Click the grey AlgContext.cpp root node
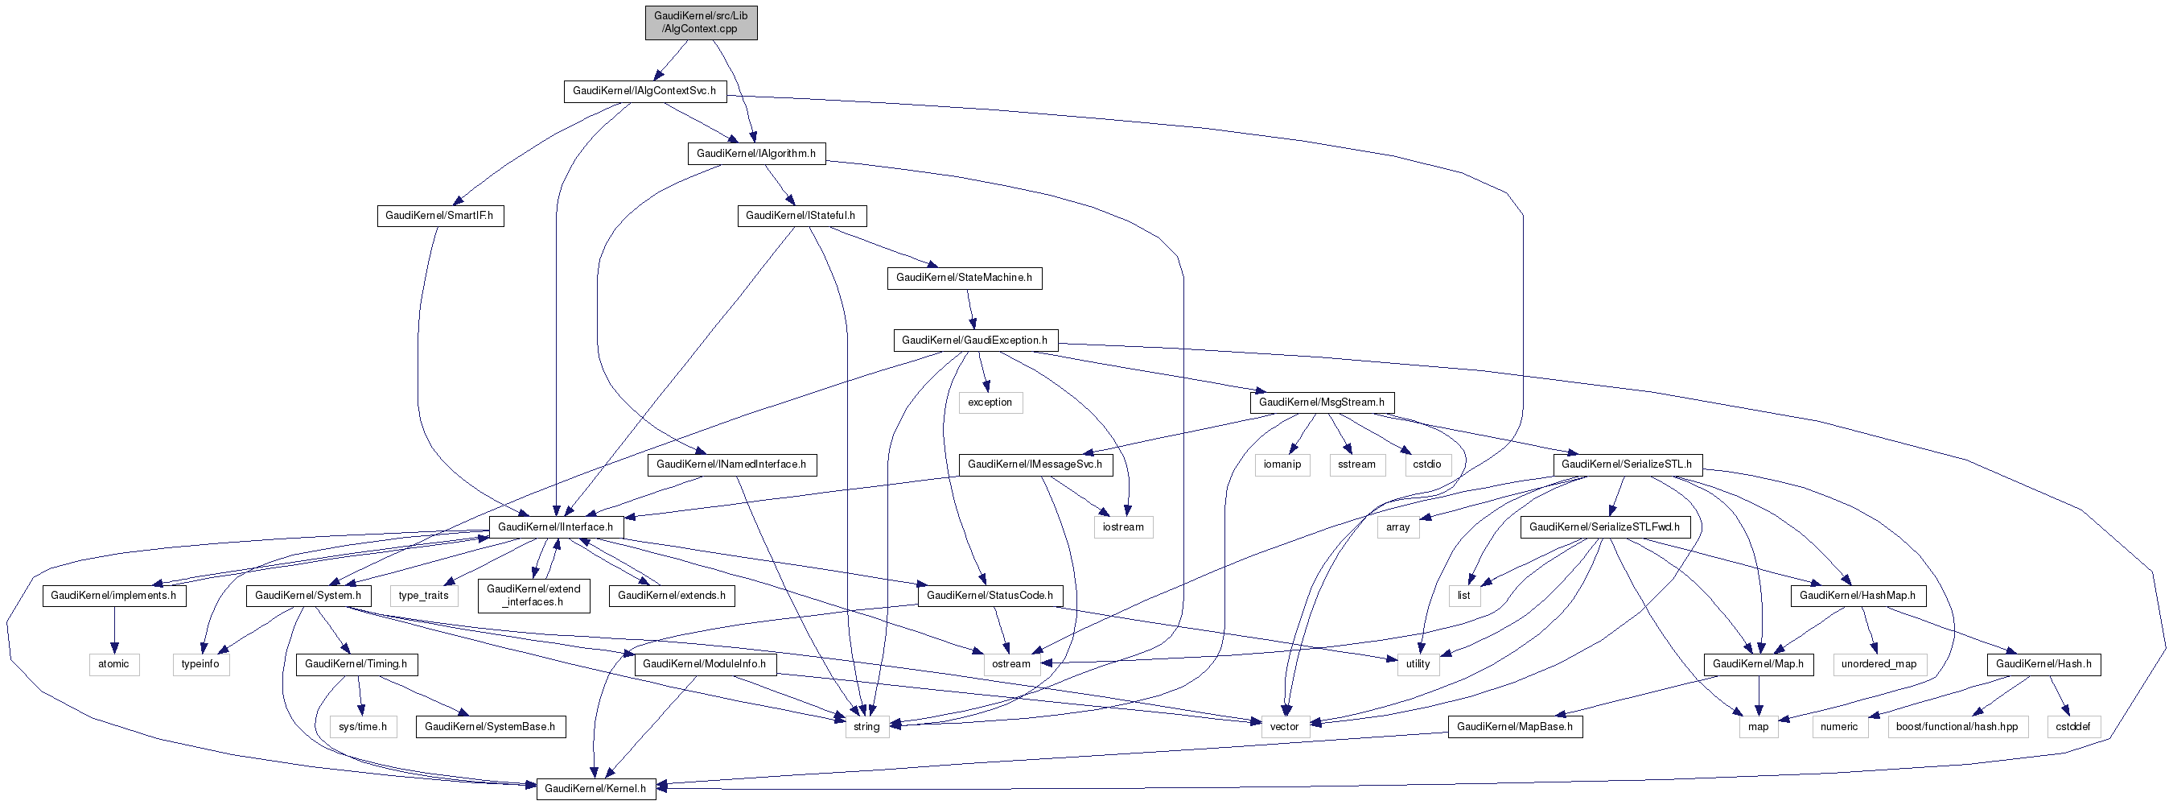point(700,22)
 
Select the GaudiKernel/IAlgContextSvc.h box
point(644,91)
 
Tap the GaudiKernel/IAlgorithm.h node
point(755,154)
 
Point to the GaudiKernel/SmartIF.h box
point(439,216)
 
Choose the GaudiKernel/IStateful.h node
point(800,216)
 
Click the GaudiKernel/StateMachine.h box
point(963,278)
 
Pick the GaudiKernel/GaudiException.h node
point(974,340)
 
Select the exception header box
point(990,402)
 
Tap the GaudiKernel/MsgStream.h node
point(1321,402)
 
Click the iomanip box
point(1282,465)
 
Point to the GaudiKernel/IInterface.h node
point(555,527)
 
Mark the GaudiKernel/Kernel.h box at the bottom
point(595,789)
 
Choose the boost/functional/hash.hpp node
point(1957,727)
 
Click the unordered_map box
point(1879,664)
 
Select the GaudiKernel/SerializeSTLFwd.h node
point(1604,527)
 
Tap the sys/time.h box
point(363,727)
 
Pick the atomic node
point(114,664)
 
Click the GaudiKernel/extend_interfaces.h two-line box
point(533,596)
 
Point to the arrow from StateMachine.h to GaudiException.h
point(970,309)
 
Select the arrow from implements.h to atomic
point(114,630)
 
